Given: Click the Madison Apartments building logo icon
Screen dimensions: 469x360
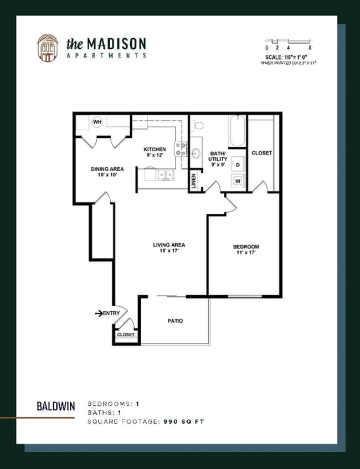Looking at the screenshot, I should [47, 48].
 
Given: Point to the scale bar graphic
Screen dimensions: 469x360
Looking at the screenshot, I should [287, 42].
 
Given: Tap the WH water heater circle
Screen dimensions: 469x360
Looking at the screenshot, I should [97, 122].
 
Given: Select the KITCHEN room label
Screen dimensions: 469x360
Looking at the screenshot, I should [155, 150].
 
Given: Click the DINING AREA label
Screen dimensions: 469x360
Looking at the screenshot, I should [107, 169].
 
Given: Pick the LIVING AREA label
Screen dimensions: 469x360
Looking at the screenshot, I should [169, 245].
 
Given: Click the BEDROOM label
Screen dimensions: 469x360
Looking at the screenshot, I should [246, 246].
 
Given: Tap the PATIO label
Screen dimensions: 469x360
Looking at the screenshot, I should [175, 321].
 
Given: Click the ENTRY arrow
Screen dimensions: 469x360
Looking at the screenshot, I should [99, 313].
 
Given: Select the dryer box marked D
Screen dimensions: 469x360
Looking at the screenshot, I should [238, 164].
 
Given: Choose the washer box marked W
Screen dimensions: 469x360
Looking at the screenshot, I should [238, 181].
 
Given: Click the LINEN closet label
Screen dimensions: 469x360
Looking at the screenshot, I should [194, 182].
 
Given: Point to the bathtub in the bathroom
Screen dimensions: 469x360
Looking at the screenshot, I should [237, 131].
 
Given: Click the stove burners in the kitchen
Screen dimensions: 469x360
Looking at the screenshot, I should [181, 148].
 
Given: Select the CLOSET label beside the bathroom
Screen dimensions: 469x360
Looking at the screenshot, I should [261, 153].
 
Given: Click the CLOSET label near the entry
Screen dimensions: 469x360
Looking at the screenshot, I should [126, 335].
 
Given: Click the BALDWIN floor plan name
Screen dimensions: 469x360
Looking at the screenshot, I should [56, 405].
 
